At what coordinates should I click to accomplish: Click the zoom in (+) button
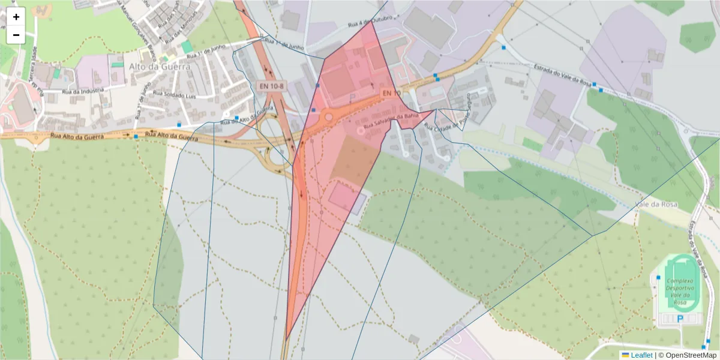coord(16,17)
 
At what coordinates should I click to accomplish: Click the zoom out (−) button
coord(16,35)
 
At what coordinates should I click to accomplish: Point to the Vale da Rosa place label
coord(656,205)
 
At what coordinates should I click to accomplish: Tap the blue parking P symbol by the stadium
coord(680,319)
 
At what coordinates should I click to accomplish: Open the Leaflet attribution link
coord(641,355)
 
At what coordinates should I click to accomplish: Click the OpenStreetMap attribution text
coord(691,355)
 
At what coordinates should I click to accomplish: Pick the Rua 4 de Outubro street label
coord(370,22)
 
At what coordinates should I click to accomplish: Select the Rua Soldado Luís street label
coord(175,94)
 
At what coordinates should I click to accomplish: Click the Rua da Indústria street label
coord(83,91)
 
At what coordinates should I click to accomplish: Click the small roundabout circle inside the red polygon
coord(329,117)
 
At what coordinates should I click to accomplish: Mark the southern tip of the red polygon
coord(286,340)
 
